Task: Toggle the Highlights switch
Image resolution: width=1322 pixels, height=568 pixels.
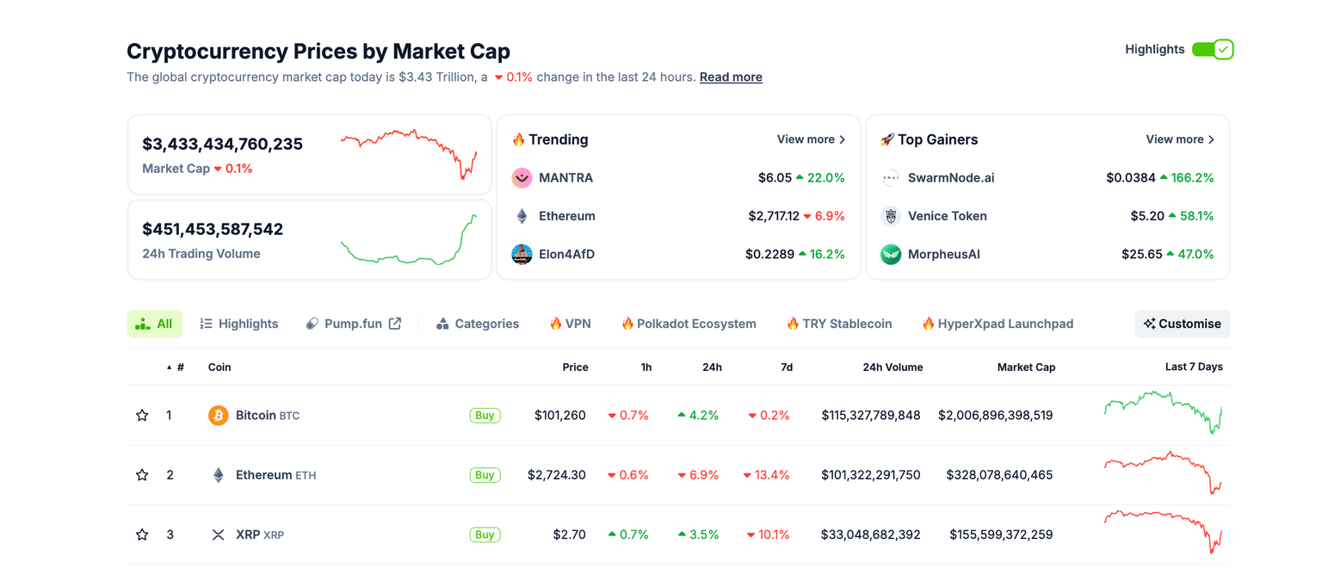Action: click(1213, 50)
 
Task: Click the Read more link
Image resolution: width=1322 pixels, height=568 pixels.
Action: click(731, 77)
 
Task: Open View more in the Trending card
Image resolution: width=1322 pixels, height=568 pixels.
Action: click(811, 139)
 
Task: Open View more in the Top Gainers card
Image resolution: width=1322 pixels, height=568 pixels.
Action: click(1180, 139)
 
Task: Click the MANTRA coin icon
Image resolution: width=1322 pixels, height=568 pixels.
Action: click(522, 178)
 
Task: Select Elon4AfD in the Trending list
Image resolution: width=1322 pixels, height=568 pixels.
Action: click(566, 255)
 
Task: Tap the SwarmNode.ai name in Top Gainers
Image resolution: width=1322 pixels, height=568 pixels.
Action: click(951, 178)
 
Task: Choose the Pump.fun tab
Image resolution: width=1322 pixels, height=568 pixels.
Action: click(354, 324)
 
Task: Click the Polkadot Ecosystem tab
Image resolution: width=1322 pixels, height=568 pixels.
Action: click(689, 324)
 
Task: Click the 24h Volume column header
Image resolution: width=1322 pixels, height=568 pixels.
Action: click(893, 367)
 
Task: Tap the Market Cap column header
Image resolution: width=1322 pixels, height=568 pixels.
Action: click(1026, 367)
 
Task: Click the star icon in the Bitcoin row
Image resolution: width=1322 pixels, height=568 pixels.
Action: click(142, 416)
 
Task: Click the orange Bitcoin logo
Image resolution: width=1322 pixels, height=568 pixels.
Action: click(219, 416)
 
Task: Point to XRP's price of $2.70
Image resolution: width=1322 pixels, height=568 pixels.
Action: click(569, 535)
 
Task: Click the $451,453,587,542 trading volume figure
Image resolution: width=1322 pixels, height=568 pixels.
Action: click(213, 230)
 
